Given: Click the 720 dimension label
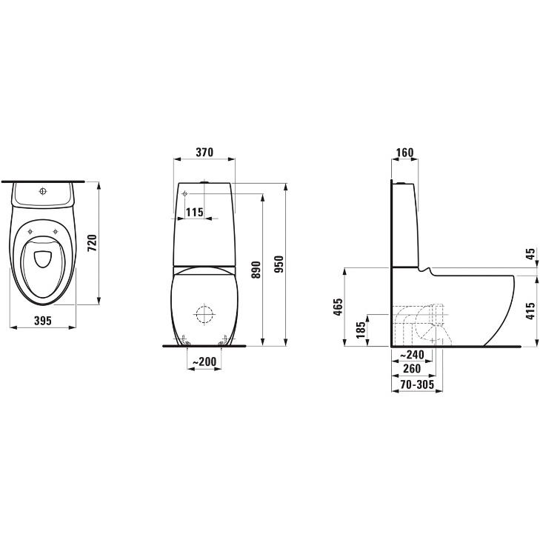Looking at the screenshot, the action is coord(93,243).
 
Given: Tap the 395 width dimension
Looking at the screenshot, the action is coord(43,321).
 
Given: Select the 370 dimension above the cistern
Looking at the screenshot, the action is coord(204,152).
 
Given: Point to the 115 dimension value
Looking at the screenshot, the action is coord(195,212).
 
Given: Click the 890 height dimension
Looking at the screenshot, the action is coord(256,270).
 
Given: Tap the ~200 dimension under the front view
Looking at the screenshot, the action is coord(204,361).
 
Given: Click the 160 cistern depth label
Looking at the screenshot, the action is coord(404,152).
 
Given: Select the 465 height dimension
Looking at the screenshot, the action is coord(339,307).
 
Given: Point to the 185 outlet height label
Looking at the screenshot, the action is coord(361,330).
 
